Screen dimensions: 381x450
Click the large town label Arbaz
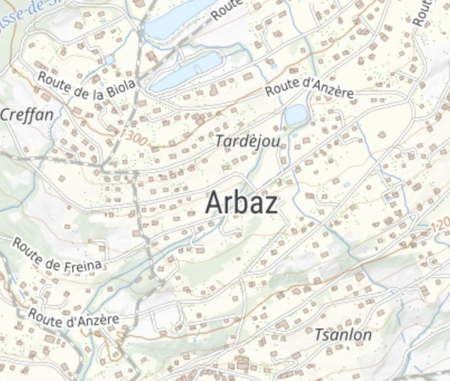[241, 203]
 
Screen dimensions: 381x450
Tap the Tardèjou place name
[247, 141]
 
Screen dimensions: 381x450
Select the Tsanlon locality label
[343, 335]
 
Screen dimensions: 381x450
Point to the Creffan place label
[26, 115]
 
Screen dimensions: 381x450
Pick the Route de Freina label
[57, 255]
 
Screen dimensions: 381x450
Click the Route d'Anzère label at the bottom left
[73, 318]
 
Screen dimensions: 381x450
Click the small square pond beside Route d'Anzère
[296, 115]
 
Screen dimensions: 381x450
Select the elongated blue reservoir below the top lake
[186, 71]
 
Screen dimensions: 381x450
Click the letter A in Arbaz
[214, 203]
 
